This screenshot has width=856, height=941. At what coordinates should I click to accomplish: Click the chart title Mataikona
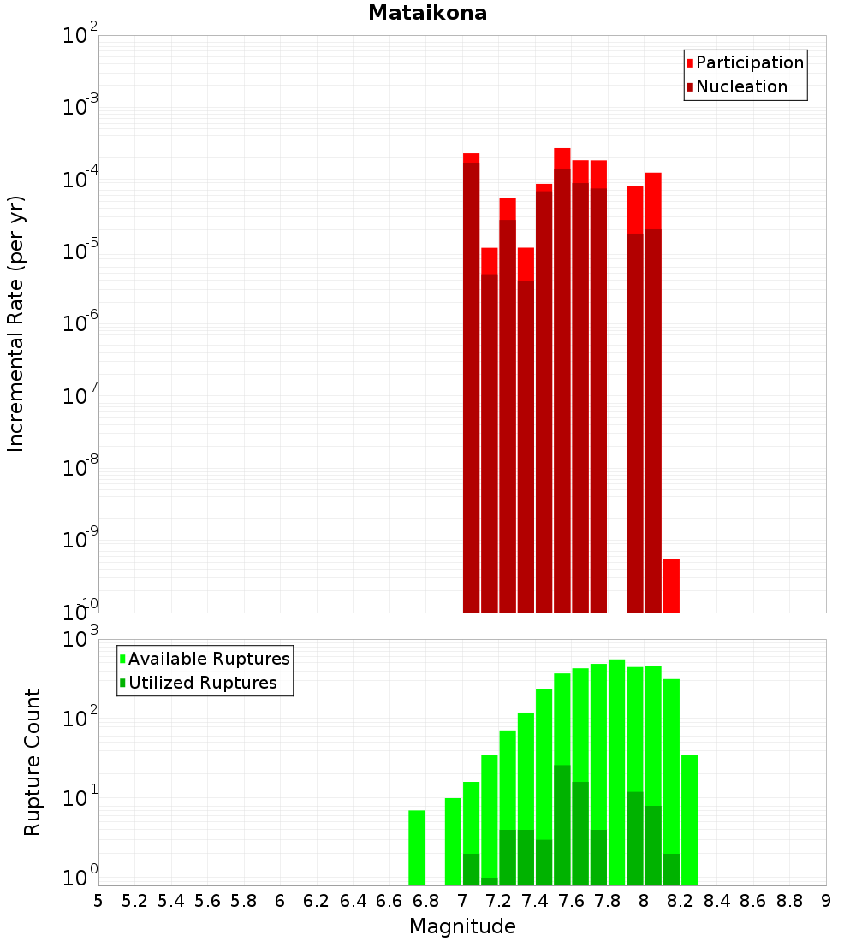tap(427, 13)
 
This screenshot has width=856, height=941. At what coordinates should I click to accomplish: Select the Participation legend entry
tap(749, 62)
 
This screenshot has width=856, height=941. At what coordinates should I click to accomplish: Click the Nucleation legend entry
tap(740, 86)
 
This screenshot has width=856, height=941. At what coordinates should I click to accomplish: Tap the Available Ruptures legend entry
tap(208, 659)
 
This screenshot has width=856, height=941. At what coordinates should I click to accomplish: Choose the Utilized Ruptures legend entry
tap(202, 683)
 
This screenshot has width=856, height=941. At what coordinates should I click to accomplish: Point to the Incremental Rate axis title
tap(16, 323)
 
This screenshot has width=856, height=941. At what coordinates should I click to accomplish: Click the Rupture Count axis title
tap(33, 761)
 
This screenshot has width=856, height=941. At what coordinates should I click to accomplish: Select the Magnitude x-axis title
tap(462, 926)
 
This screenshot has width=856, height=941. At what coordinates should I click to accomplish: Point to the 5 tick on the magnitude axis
tap(98, 901)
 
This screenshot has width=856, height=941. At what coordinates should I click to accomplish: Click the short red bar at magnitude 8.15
tap(671, 585)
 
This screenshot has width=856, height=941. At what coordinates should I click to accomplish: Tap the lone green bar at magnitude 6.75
tap(417, 847)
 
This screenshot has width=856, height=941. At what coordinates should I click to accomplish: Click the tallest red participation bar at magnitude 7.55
tap(562, 157)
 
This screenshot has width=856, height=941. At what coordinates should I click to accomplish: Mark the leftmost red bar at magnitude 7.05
tap(471, 385)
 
